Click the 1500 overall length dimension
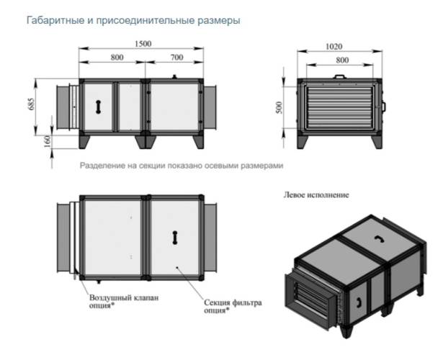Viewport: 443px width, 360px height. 143,43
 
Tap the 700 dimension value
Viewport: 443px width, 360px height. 177,55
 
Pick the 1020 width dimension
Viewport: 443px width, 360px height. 338,45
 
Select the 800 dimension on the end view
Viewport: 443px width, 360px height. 338,60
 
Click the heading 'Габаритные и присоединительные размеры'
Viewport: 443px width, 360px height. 133,20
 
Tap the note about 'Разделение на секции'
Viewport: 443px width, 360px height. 182,165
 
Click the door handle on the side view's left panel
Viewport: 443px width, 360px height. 96,105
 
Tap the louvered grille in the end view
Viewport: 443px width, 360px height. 338,107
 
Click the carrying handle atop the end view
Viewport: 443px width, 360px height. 339,73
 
